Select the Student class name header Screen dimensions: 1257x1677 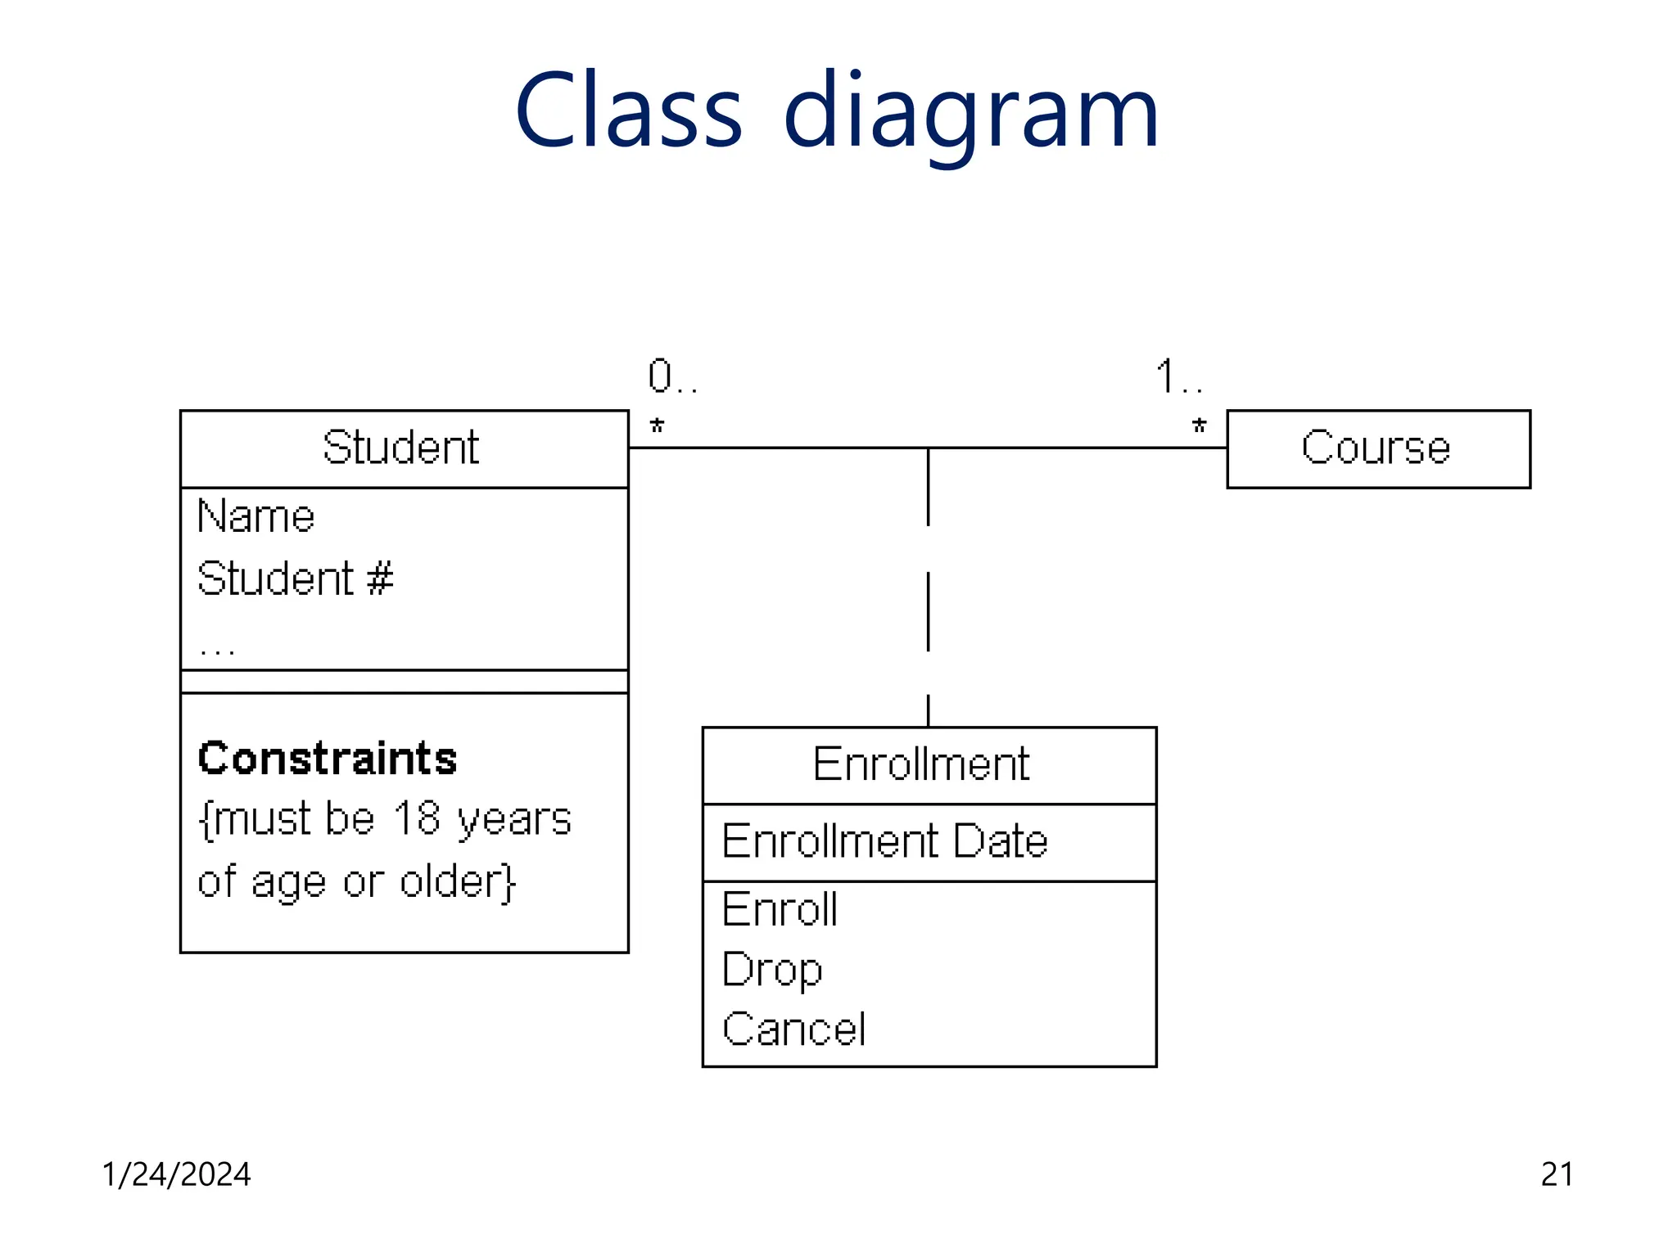coord(400,448)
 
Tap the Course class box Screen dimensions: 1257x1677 coord(1377,448)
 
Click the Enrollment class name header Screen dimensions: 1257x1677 coord(921,764)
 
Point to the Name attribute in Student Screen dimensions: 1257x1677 coord(256,517)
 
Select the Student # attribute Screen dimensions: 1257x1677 coord(295,579)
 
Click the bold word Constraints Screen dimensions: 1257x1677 coord(328,758)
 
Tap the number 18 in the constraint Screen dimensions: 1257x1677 coord(416,818)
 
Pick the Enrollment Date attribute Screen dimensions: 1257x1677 coord(884,841)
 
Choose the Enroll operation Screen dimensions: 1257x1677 coord(780,909)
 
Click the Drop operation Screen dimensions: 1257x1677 coord(771,971)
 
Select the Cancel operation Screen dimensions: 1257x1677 coord(793,1029)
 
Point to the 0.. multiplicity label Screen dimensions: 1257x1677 coord(671,376)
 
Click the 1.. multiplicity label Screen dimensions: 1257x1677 coord(1178,376)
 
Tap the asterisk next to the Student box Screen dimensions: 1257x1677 coord(657,426)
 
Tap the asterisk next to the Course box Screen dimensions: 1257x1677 coord(1199,426)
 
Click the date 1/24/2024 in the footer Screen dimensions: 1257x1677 coord(176,1174)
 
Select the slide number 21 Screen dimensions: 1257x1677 coord(1557,1174)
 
